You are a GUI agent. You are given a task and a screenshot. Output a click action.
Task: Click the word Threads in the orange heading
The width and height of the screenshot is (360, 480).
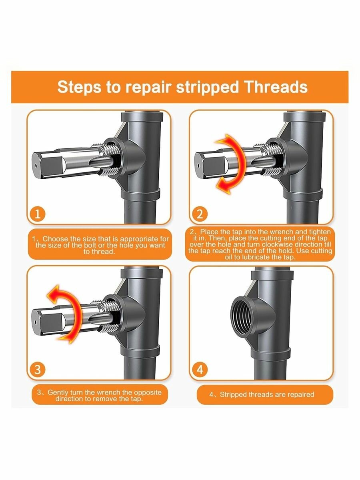(276, 87)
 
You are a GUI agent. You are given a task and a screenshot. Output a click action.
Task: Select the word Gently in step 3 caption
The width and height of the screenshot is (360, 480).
(58, 392)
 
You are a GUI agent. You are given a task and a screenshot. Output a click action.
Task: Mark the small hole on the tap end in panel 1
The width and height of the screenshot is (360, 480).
(36, 166)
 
